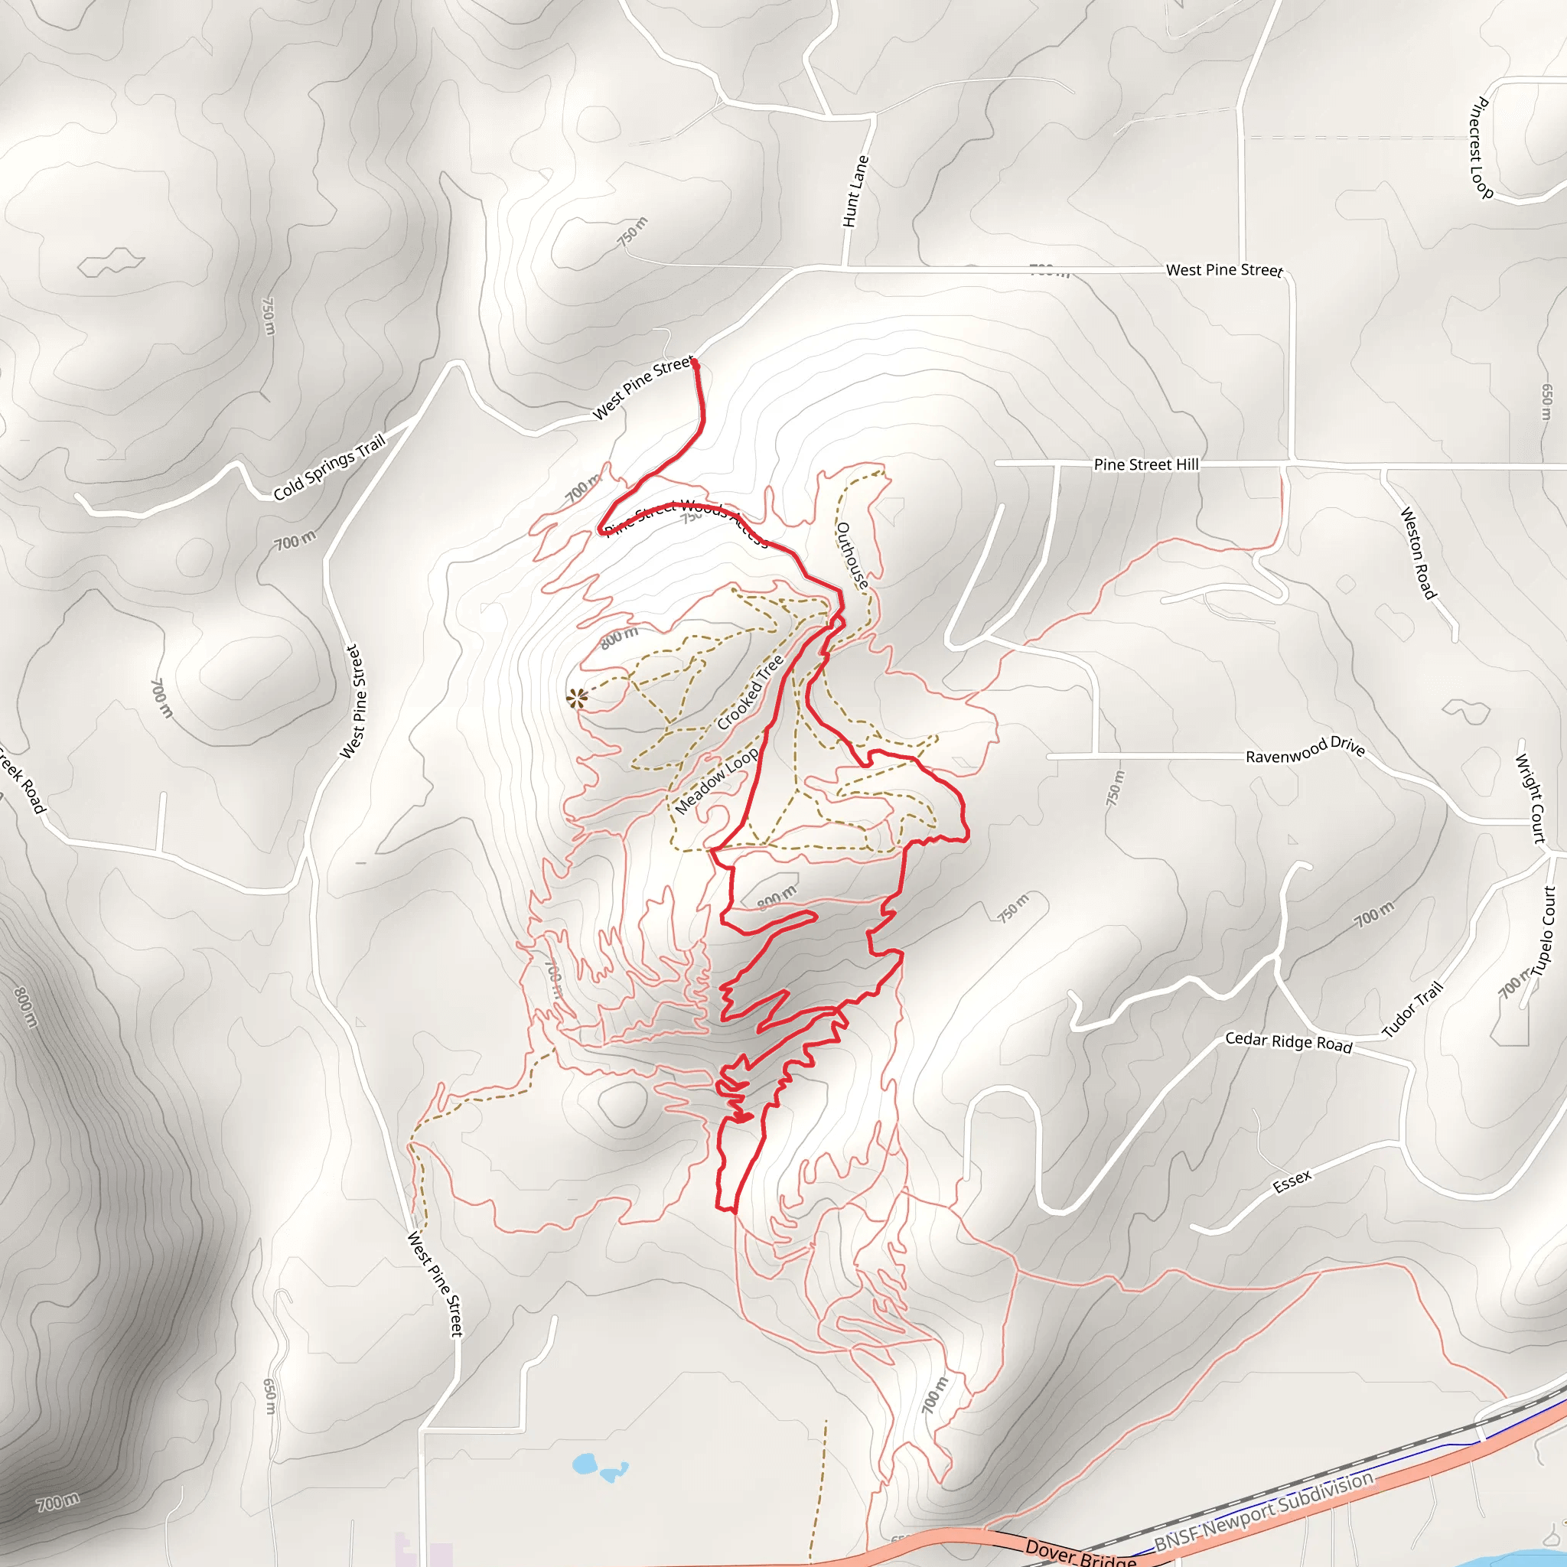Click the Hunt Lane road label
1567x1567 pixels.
coord(855,191)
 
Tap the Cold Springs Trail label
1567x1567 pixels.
coord(329,468)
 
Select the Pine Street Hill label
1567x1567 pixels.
coord(1145,464)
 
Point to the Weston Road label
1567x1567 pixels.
coord(1418,553)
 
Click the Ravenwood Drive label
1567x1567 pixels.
coord(1305,751)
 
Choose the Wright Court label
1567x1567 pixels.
coord(1530,799)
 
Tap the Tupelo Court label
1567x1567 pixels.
coord(1546,930)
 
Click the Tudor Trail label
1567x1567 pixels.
coord(1413,1009)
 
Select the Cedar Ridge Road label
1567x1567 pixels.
coord(1288,1042)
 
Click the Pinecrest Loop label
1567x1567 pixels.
coord(1481,147)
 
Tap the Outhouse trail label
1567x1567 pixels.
coord(852,555)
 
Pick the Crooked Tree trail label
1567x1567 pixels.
coord(751,692)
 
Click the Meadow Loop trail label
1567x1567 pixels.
coord(716,780)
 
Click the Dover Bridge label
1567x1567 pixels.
coord(1080,1552)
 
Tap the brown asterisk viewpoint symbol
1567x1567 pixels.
coord(576,698)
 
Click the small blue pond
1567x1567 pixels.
coord(585,1464)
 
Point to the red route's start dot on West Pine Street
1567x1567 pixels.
coord(695,363)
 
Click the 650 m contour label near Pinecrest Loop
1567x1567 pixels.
coord(1546,402)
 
